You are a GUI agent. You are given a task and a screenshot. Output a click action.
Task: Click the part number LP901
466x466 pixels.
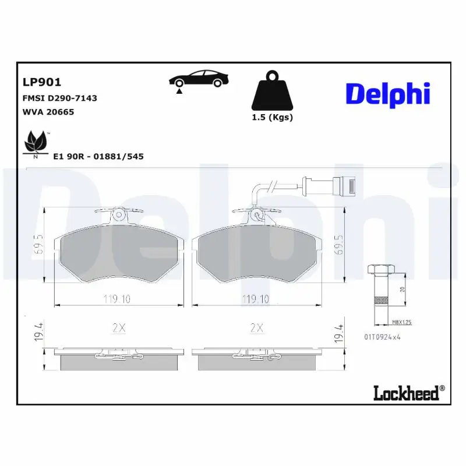42,83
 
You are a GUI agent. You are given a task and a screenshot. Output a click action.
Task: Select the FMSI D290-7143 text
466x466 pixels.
59,98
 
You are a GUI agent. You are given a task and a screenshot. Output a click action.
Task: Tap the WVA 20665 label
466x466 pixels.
48,112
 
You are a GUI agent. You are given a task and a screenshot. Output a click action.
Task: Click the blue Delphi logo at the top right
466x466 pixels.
387,93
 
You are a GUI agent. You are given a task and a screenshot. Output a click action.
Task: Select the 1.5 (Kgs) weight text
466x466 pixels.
272,117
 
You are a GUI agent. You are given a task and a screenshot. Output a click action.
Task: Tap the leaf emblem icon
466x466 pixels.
36,143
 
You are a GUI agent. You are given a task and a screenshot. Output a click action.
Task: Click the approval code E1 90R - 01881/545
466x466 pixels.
98,157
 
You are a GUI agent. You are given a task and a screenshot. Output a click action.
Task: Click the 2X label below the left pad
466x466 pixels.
118,329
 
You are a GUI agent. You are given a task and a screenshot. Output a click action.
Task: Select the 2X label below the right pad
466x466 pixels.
256,329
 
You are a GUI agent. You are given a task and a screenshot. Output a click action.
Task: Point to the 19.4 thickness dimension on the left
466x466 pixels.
39,333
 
